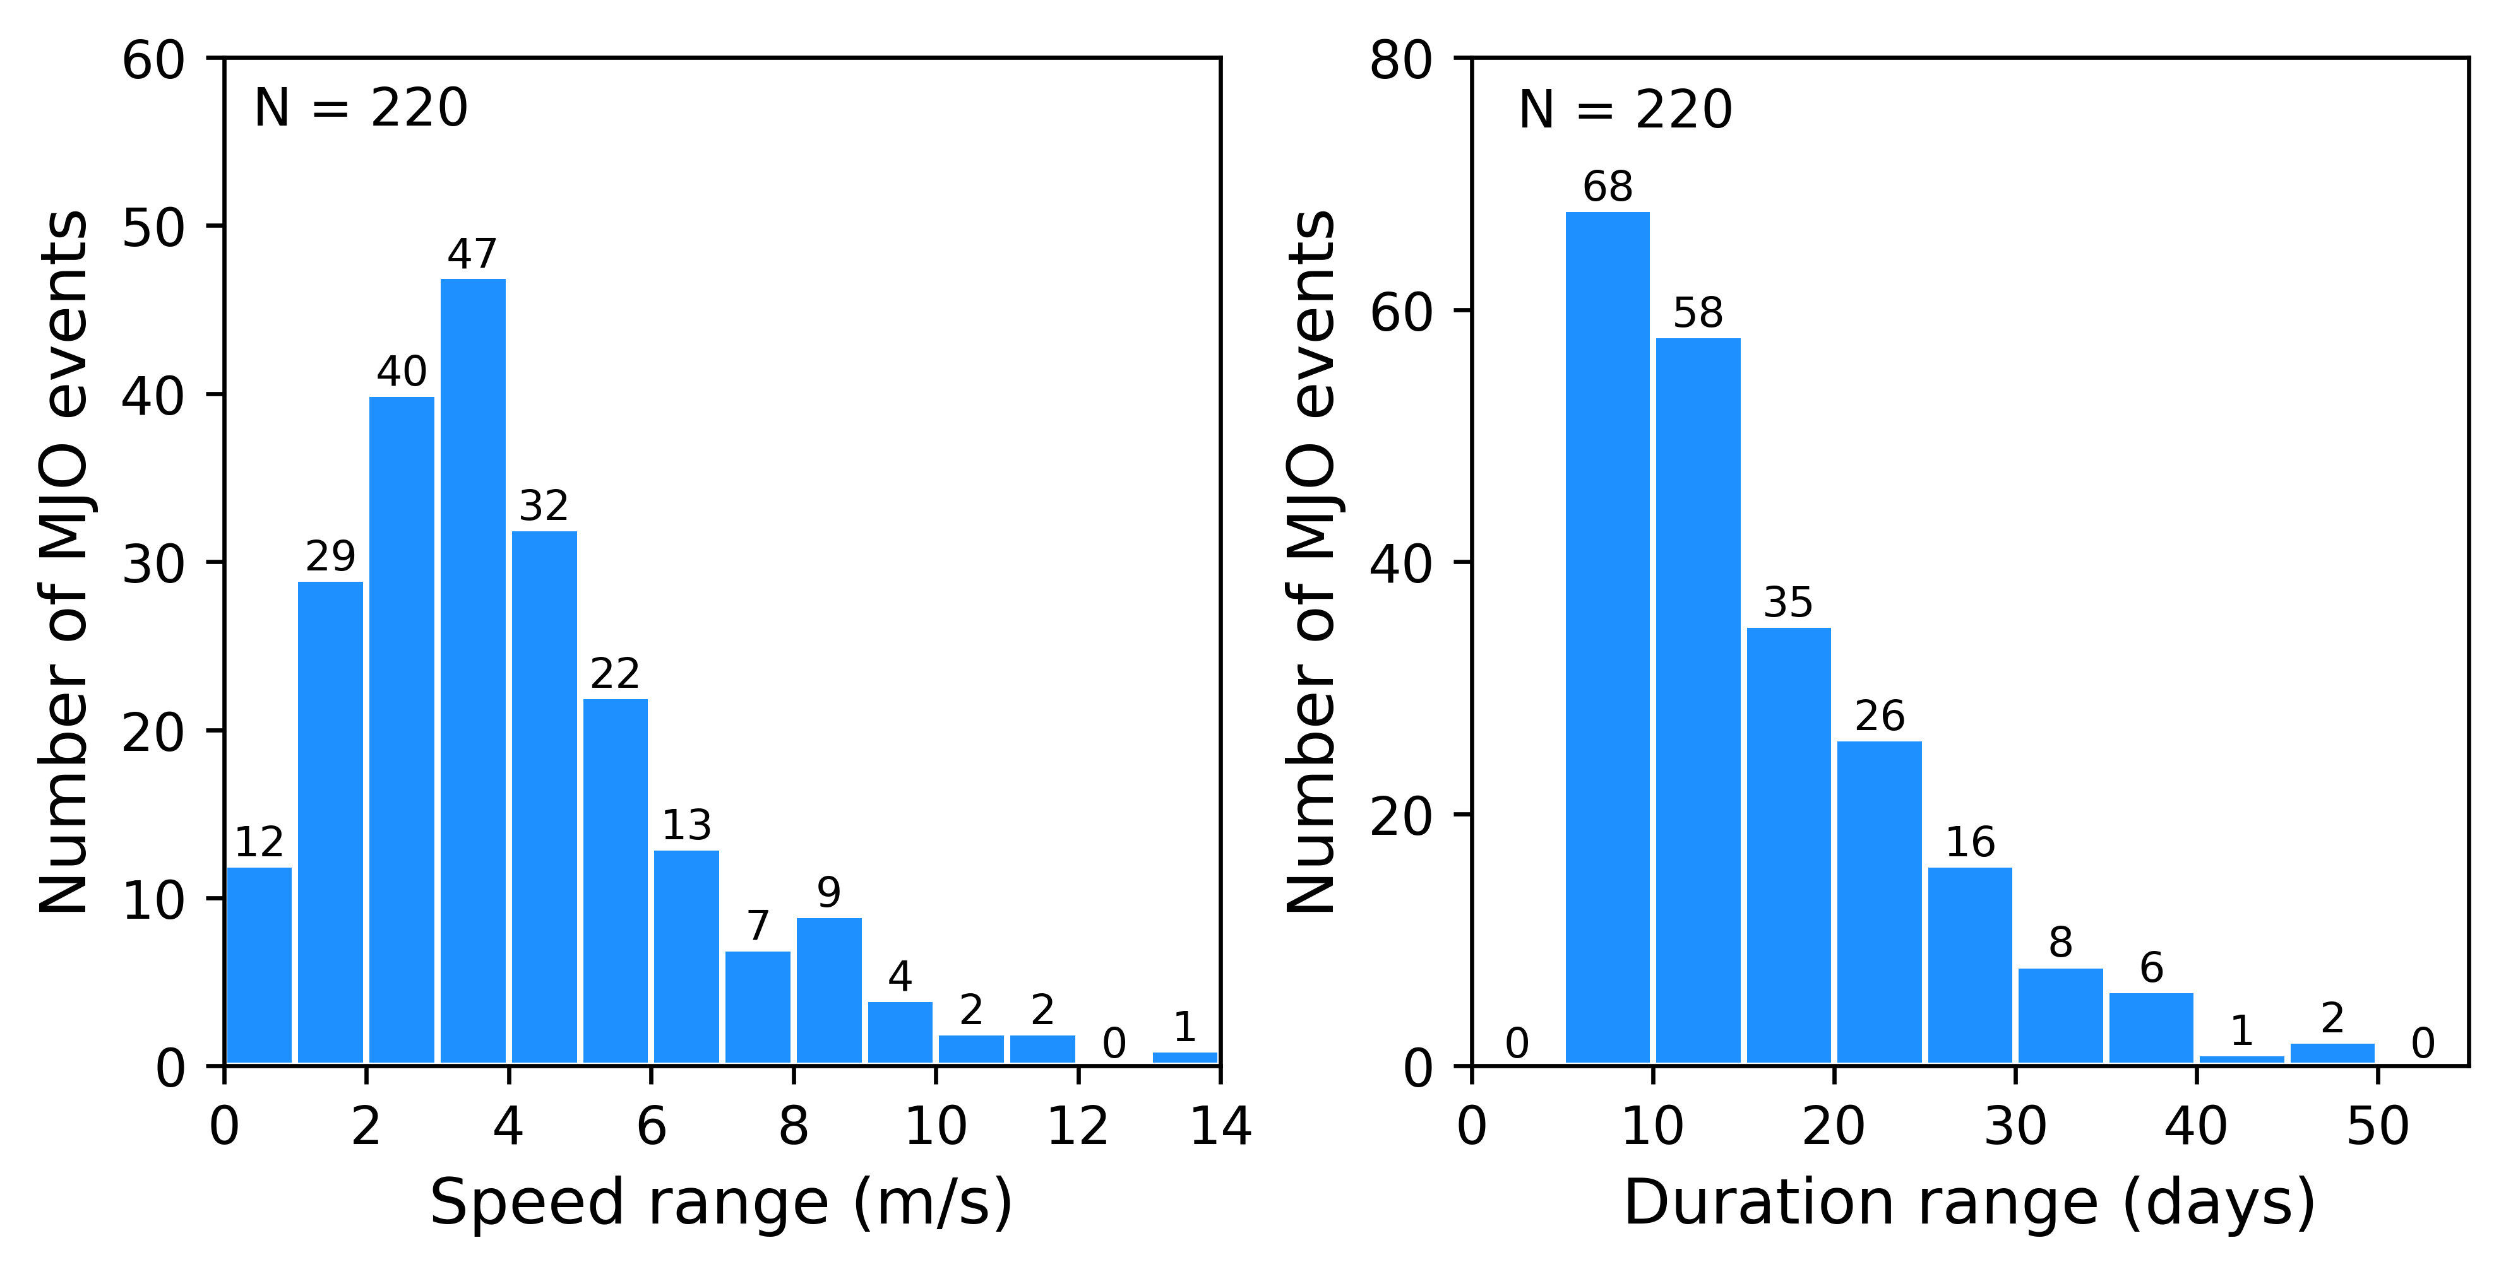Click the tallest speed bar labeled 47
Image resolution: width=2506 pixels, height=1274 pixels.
(473, 671)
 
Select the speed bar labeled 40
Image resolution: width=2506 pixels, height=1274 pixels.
(402, 729)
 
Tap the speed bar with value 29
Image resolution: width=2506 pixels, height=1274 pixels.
(330, 822)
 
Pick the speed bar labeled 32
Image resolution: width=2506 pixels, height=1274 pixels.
(544, 798)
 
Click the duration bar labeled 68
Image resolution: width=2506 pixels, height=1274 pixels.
(1607, 637)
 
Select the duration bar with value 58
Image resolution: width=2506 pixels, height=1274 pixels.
(1698, 700)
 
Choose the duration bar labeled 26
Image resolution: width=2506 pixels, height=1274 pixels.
(1878, 902)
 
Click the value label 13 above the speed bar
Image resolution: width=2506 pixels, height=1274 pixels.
(687, 825)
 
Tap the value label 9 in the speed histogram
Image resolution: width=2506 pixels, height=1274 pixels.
(829, 892)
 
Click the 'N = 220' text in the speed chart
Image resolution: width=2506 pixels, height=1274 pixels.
(360, 108)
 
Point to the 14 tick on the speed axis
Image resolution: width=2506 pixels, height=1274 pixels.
(1220, 1127)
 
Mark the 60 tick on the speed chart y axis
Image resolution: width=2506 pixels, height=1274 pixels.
(153, 61)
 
